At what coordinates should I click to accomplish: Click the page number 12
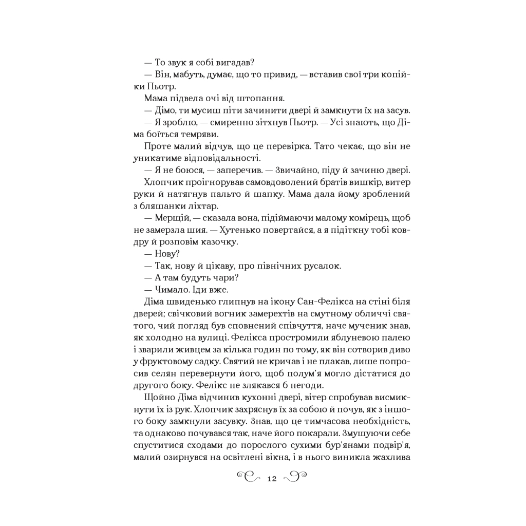point(272,479)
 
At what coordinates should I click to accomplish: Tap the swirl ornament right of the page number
point(295,478)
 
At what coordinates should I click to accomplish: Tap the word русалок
point(322,266)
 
